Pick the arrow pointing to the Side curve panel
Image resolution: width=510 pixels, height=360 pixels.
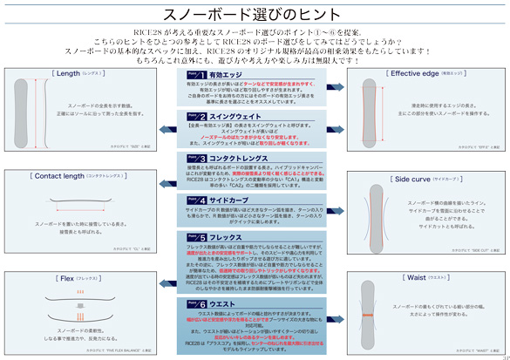(x=335, y=206)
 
